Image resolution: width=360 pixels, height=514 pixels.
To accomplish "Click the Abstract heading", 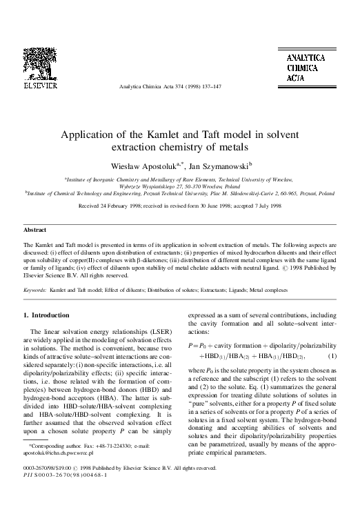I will pos(35,229).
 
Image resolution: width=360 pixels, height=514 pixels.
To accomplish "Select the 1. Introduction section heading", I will pos(47,315).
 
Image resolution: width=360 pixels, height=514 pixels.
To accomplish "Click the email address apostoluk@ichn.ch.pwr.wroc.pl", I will pos(59,466).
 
